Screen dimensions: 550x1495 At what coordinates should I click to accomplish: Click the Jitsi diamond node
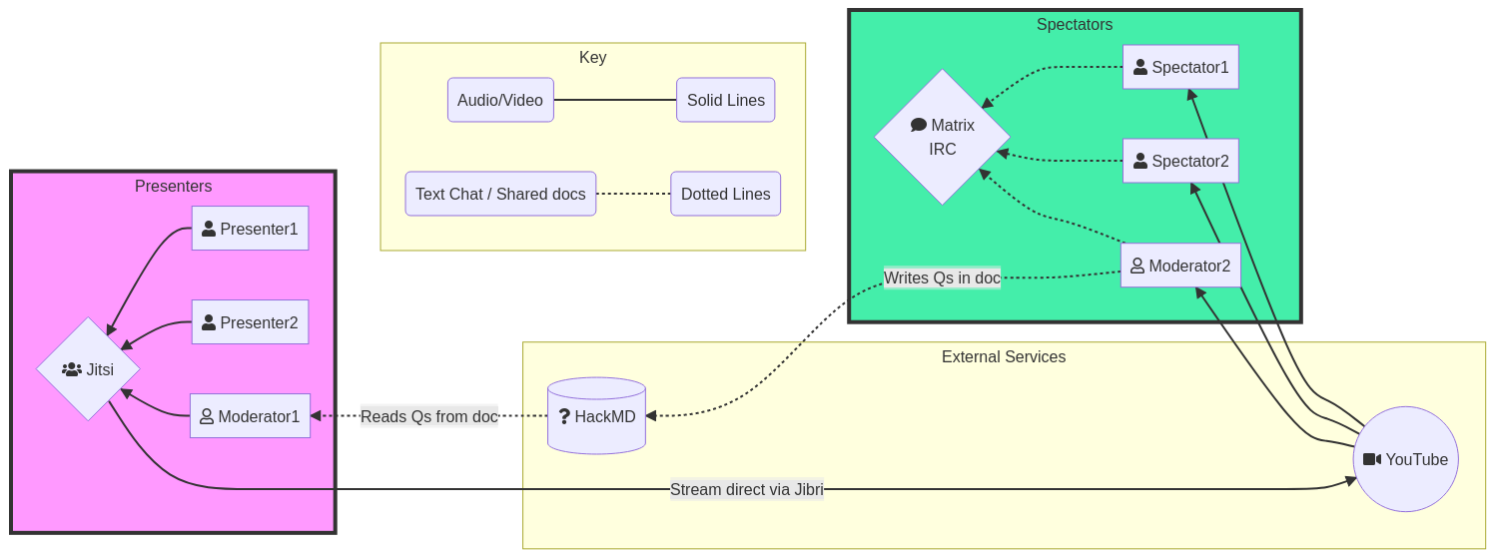coord(88,369)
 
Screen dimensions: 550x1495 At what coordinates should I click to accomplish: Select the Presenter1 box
coord(250,229)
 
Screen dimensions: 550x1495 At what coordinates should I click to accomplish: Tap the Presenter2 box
coord(250,322)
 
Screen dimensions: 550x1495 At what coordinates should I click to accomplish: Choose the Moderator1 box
coord(250,416)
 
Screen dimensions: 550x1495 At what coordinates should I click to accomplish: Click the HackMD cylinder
coord(596,416)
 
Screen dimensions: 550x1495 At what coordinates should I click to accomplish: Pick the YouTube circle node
coord(1406,459)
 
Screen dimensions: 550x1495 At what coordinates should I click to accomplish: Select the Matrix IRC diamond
coord(942,138)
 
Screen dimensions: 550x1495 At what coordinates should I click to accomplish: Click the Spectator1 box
coord(1180,67)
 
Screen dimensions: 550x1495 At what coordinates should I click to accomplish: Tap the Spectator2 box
coord(1180,161)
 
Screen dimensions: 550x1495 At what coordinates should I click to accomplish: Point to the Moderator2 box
coord(1180,266)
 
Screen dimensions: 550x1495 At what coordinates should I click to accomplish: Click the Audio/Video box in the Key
coord(500,100)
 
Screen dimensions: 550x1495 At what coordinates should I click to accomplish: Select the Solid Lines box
coord(726,100)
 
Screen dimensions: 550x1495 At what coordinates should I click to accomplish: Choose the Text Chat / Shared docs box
coord(500,194)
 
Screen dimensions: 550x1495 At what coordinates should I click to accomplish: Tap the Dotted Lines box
coord(726,194)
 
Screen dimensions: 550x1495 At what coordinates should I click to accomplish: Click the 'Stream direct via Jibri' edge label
coord(747,489)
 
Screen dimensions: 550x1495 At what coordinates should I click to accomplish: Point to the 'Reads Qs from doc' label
coord(429,416)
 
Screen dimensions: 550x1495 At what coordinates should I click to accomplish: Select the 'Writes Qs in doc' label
coord(942,277)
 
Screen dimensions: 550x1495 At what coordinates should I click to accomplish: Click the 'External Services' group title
coord(1004,356)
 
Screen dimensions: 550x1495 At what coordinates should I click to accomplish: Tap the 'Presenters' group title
coord(173,186)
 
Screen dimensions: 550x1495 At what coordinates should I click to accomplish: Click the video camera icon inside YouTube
coord(1371,459)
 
